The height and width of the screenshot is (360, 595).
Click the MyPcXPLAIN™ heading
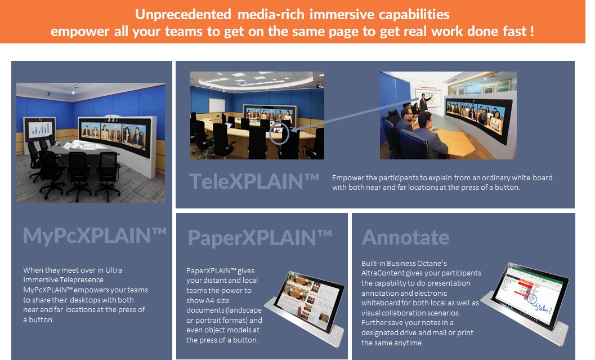coord(95,235)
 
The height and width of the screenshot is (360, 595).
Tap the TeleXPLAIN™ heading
coord(254,181)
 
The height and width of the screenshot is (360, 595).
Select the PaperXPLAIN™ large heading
coord(260,238)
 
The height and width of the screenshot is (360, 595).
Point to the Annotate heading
coord(405,237)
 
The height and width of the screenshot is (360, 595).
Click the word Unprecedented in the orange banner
coord(183,15)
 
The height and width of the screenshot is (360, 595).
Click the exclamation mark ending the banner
coord(533,31)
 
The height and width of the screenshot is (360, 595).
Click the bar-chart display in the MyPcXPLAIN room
coord(40,129)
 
